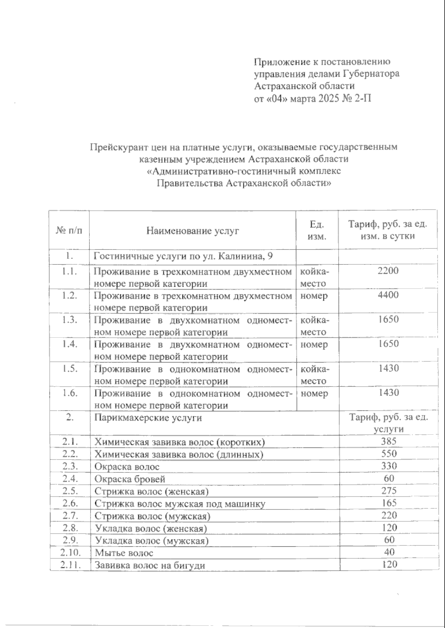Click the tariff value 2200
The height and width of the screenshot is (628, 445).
coord(388,271)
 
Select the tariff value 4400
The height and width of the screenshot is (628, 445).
coord(388,295)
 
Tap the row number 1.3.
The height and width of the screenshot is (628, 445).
coord(69,320)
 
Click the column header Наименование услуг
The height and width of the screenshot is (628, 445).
coord(192,231)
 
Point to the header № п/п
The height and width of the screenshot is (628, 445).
coord(69,231)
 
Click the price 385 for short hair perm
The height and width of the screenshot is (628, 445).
coord(389,441)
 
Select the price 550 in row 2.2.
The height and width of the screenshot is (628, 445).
coord(389,454)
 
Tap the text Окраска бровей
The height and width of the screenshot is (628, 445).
coord(130,479)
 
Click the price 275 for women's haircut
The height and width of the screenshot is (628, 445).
coord(389,491)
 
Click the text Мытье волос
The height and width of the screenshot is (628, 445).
coord(124,553)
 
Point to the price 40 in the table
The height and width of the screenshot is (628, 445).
coord(389,552)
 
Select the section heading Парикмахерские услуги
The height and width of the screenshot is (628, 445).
coord(148,418)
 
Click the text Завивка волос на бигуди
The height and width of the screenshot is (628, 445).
coord(150,565)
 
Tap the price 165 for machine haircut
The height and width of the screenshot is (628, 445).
coord(389,503)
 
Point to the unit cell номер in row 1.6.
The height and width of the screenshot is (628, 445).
coord(314,393)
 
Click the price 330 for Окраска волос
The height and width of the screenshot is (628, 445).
coord(389,466)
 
